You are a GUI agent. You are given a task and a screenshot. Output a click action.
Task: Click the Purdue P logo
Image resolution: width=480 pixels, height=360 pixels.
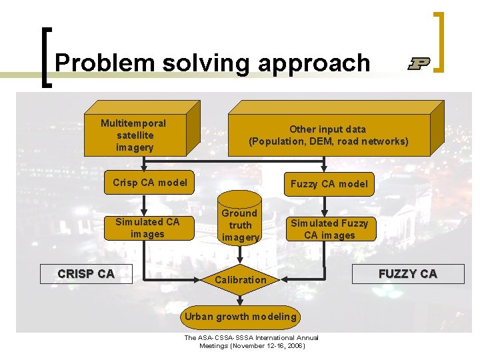click(419, 63)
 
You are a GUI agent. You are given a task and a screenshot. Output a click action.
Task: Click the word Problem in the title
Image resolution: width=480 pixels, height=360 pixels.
click(97, 63)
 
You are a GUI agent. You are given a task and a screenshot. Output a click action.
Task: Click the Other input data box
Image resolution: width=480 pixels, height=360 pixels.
click(328, 135)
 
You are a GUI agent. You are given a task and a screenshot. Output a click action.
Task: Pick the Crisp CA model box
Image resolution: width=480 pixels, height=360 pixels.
click(150, 183)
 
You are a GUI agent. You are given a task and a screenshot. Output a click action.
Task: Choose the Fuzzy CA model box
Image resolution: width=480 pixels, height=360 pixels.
click(329, 184)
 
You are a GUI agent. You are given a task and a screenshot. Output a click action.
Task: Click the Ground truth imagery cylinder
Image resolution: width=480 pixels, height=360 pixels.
click(239, 225)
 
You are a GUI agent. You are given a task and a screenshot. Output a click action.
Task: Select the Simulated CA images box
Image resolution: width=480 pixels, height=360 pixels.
click(147, 227)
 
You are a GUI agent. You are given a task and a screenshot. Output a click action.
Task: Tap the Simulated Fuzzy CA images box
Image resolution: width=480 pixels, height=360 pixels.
click(329, 229)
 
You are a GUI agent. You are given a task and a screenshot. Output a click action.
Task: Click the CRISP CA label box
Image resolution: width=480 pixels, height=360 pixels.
click(86, 273)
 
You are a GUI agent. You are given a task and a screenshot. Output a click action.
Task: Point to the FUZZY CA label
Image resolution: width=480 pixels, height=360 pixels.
click(407, 273)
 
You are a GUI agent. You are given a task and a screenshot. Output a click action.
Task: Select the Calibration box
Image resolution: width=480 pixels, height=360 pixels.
click(240, 280)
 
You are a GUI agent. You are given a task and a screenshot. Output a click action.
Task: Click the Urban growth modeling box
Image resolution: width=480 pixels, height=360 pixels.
click(240, 317)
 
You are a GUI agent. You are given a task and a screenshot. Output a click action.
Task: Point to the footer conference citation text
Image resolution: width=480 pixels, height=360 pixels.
click(251, 342)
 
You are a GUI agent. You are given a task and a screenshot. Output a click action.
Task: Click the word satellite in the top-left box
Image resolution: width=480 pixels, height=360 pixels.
click(135, 135)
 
